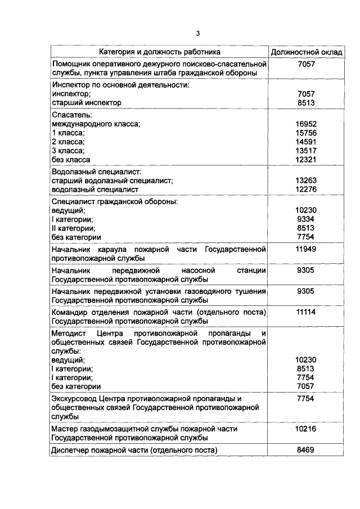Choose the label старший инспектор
86,102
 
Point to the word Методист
69,334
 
